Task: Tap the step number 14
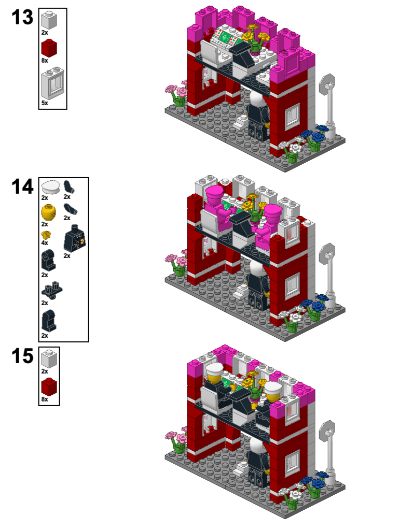point(22,186)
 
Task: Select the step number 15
point(22,356)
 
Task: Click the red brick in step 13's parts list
point(49,49)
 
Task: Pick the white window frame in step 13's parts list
point(52,83)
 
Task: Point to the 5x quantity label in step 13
point(45,103)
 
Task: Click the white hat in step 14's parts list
point(51,187)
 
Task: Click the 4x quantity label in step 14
point(45,243)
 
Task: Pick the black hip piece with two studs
point(51,288)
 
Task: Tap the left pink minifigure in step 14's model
point(215,207)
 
